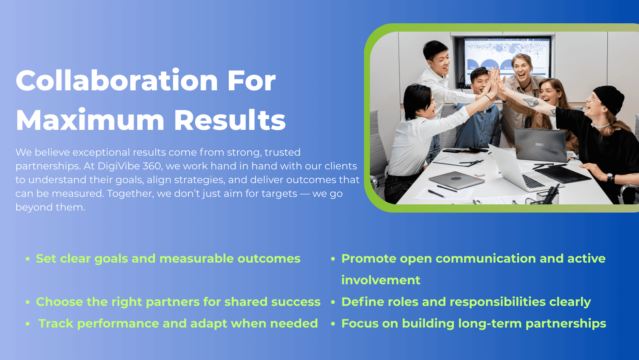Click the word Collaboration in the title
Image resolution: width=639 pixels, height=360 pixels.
(117, 80)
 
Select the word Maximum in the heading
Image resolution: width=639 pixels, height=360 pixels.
(90, 120)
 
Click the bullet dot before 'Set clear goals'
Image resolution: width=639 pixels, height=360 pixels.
(27, 259)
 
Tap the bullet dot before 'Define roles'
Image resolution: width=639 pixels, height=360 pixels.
(333, 302)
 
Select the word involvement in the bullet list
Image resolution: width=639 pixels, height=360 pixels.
(381, 280)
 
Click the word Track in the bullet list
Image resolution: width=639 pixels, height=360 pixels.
(56, 323)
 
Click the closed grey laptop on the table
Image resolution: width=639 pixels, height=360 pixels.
(456, 180)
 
